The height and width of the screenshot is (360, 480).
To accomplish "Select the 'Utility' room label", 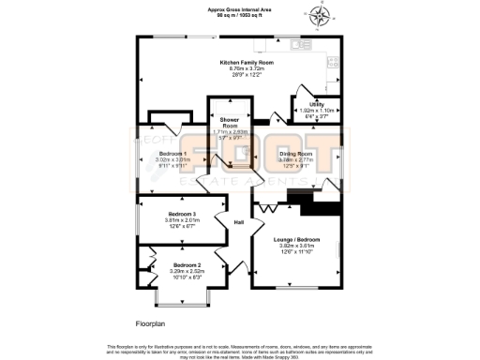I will point(317,104).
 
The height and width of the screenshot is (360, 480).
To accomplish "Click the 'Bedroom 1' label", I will point(172,153).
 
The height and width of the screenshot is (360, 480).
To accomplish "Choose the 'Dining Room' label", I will point(294,153).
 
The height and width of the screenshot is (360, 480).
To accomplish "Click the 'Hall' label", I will point(239,222).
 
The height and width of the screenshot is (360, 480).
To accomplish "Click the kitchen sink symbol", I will point(300,43).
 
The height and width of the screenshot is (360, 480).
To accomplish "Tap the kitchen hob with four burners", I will point(332,62).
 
